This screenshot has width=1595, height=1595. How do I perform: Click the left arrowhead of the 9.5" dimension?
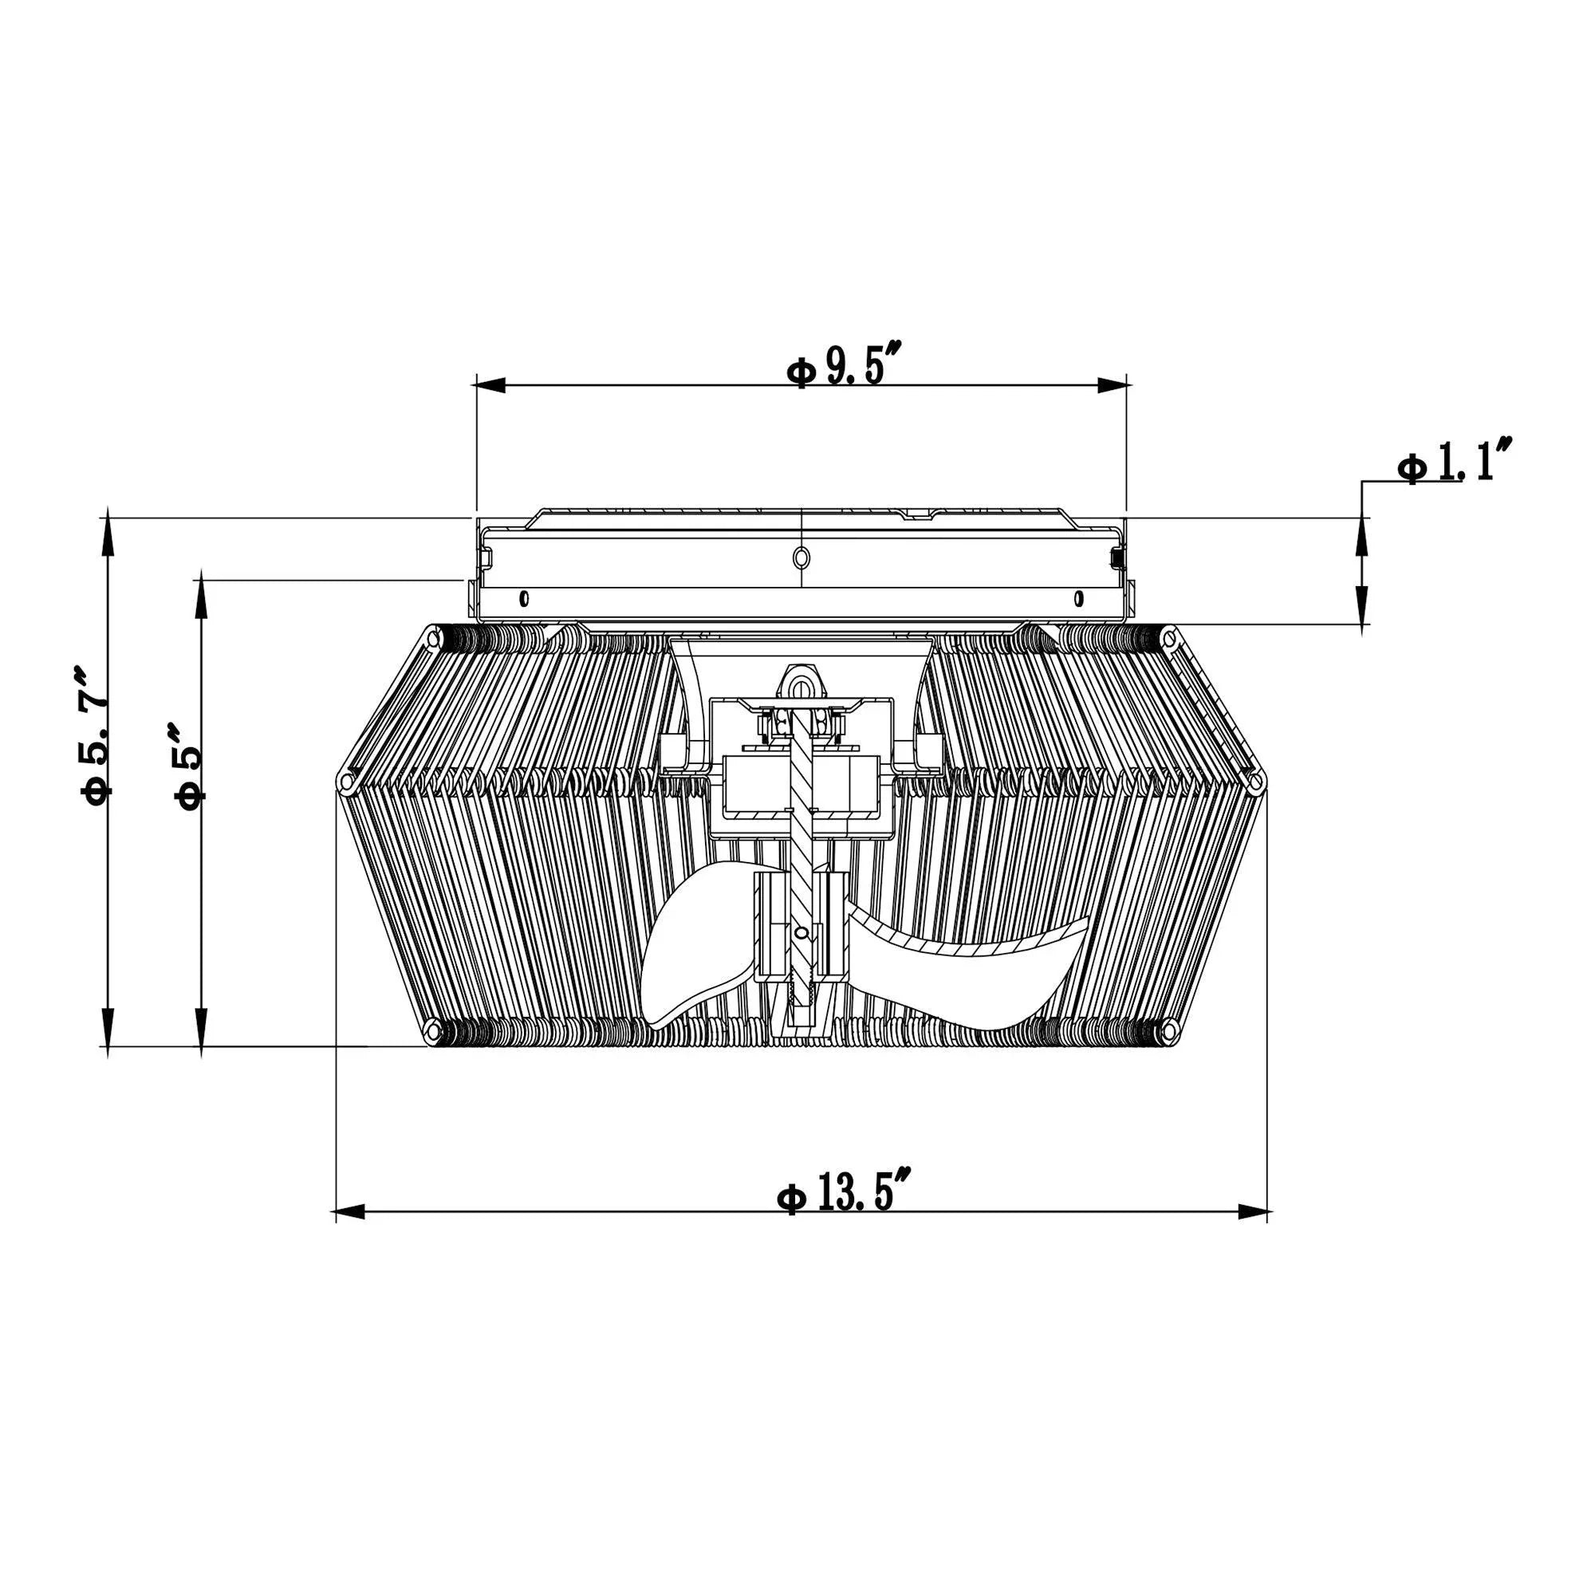point(490,385)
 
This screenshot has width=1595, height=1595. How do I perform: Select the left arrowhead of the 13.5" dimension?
point(349,1212)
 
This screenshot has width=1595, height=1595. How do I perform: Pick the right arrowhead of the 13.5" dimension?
point(1254,1212)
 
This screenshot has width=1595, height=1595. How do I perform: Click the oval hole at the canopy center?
point(801,558)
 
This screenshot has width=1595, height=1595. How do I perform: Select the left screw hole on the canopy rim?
point(523,597)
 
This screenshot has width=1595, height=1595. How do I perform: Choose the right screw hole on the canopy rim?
point(1078,597)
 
